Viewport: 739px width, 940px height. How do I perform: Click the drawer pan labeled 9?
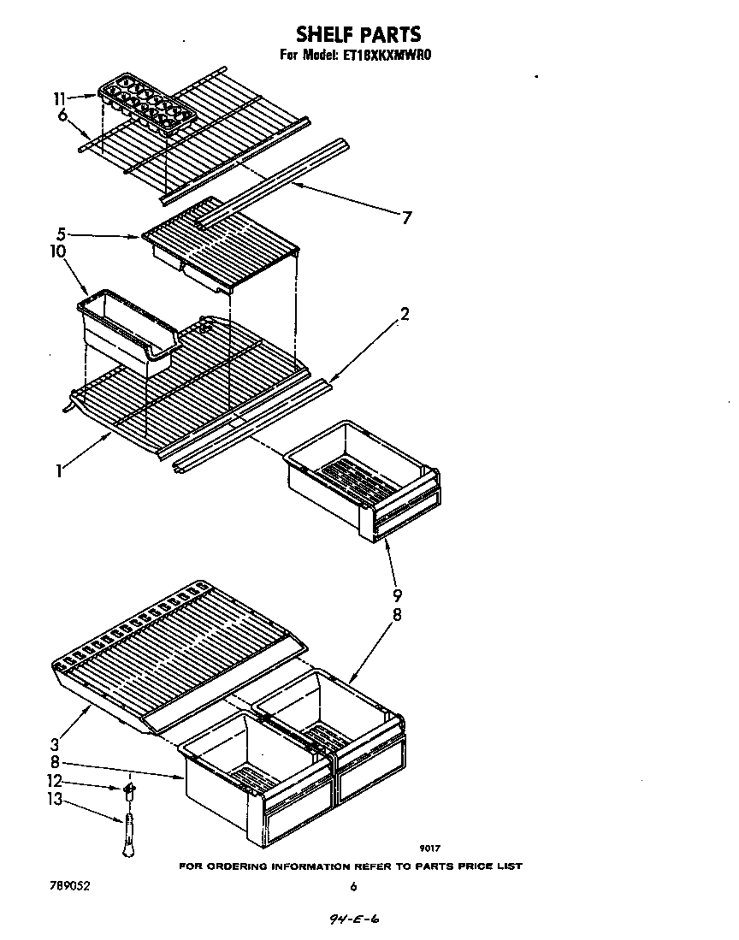pyautogui.click(x=364, y=479)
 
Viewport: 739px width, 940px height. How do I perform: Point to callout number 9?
pyautogui.click(x=397, y=595)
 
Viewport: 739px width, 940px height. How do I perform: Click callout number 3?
pyautogui.click(x=56, y=743)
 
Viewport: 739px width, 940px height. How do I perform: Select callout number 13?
pyautogui.click(x=56, y=800)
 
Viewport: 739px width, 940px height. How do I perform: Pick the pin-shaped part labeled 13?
pyautogui.click(x=127, y=834)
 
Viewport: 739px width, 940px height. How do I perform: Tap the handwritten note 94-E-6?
pyautogui.click(x=353, y=920)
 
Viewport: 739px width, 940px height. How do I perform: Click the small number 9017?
pyautogui.click(x=430, y=848)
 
